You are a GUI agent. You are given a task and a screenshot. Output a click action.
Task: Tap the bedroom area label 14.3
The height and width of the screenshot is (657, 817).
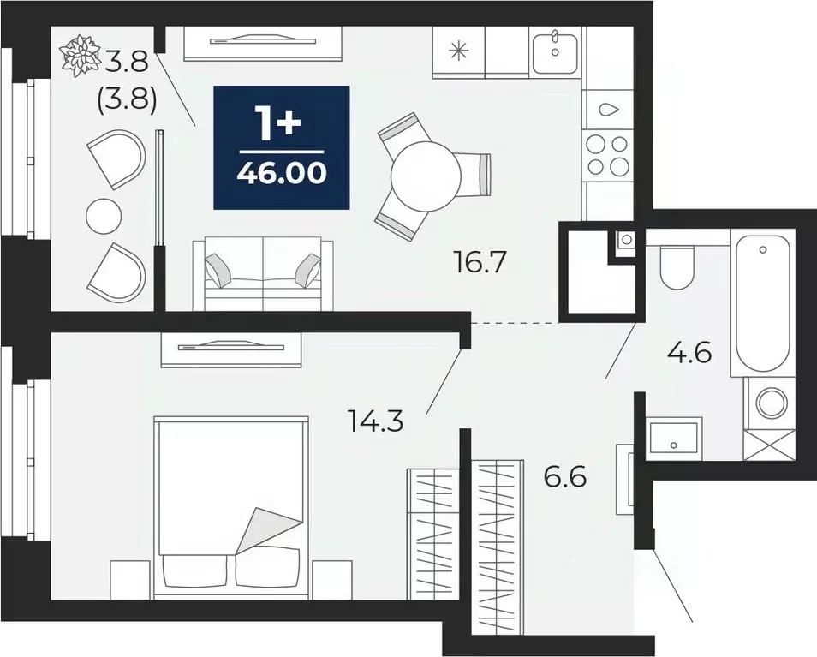(x=375, y=421)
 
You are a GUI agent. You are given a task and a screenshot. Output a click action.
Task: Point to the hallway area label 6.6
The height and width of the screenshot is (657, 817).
(x=565, y=475)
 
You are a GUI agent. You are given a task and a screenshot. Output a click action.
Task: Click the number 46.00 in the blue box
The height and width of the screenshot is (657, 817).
(x=282, y=174)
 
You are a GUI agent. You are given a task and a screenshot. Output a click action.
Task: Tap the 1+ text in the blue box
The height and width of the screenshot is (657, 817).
(x=282, y=125)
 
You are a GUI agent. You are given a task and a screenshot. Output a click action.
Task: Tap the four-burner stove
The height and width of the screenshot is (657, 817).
(x=607, y=155)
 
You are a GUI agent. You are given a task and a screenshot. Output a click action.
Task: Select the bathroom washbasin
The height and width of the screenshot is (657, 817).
(x=674, y=438)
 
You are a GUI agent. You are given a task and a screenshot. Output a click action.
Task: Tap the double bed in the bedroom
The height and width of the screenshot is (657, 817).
(x=230, y=505)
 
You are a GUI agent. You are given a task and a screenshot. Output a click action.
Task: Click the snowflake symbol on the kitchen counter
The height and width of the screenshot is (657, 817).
(x=460, y=51)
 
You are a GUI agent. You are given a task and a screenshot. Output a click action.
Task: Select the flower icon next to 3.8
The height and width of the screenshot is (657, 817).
(x=82, y=54)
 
